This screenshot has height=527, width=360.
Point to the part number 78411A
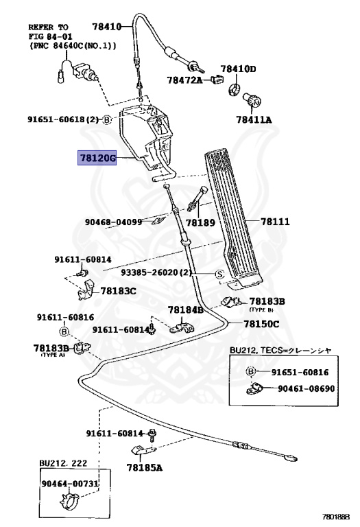pos(254,119)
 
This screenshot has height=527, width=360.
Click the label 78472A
pos(184,80)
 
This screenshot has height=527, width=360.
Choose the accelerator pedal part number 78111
pos(275,222)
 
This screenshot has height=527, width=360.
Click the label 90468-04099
pos(113,222)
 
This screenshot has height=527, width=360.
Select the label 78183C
pos(118,290)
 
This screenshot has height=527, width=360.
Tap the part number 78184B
pos(186,309)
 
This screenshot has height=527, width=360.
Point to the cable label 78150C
pos(261,323)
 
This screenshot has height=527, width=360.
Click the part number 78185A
pos(144,468)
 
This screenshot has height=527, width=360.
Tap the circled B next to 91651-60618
pos(107,119)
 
